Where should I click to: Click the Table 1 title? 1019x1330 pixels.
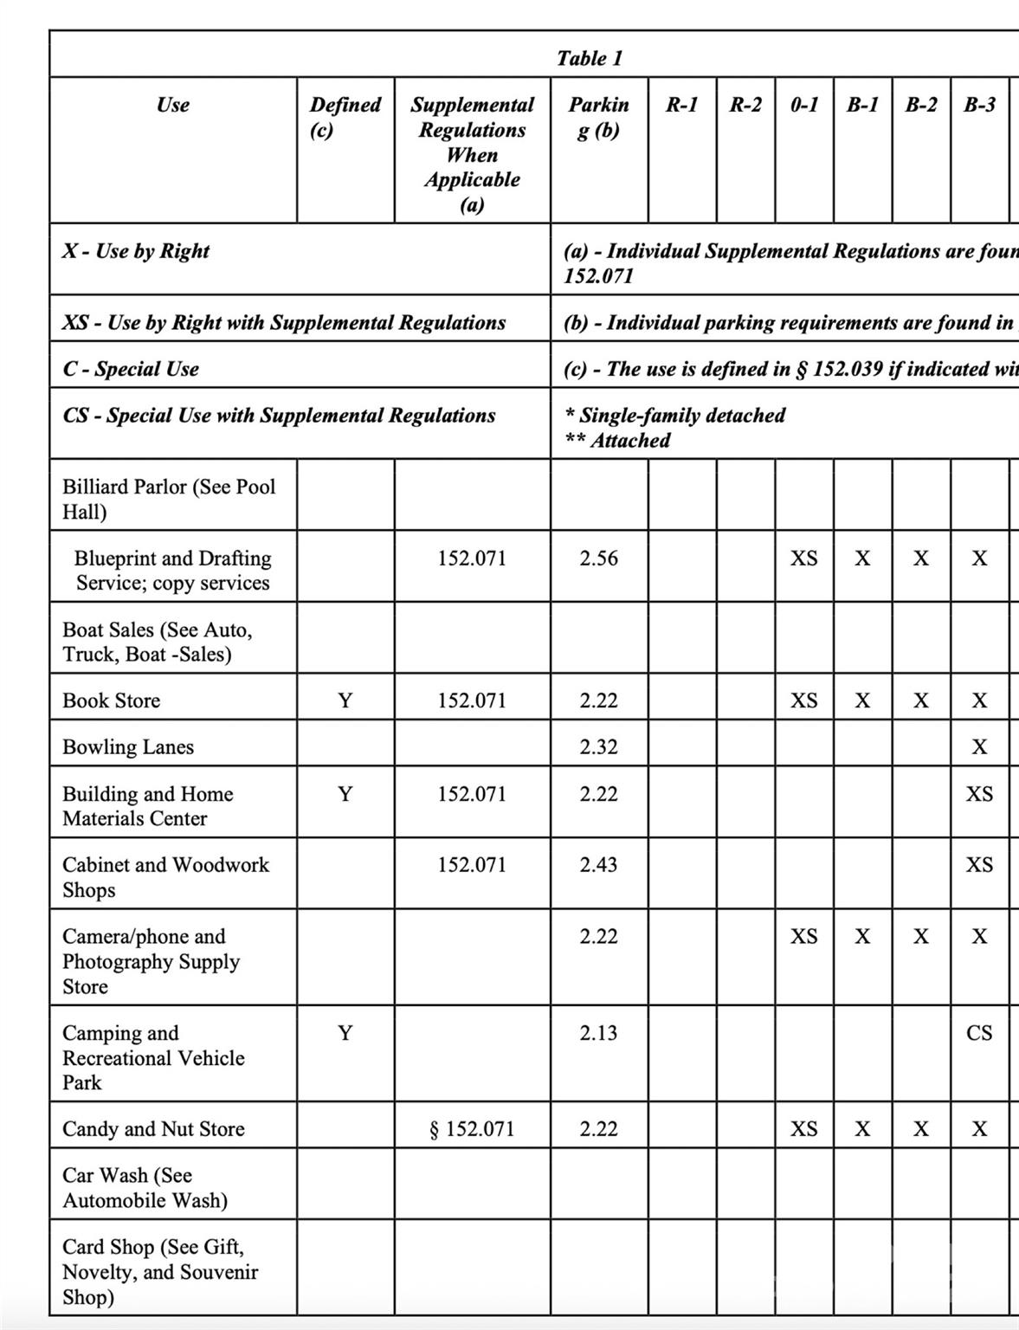589,58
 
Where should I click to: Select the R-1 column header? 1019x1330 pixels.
681,105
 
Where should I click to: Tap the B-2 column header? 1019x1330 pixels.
920,105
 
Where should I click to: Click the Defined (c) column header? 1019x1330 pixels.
345,117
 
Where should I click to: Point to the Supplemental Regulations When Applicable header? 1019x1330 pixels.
472,154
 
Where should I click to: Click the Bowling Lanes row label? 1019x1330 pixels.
128,746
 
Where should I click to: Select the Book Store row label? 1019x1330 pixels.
111,700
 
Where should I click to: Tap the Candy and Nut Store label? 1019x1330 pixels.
153,1128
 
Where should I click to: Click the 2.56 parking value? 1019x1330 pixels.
598,558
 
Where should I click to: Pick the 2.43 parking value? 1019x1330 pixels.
598,864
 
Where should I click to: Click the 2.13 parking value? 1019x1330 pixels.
598,1032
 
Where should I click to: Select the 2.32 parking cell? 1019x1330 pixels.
598,746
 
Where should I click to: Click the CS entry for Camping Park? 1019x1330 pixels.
979,1032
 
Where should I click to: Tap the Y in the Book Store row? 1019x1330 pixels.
345,700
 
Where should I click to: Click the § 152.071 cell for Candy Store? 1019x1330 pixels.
472,1128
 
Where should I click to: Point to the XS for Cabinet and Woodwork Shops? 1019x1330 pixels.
979,864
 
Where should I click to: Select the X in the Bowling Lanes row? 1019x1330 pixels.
979,746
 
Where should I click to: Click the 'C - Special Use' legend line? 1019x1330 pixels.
131,369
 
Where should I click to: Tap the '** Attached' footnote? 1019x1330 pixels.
617,440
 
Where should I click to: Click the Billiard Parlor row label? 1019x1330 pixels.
169,498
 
